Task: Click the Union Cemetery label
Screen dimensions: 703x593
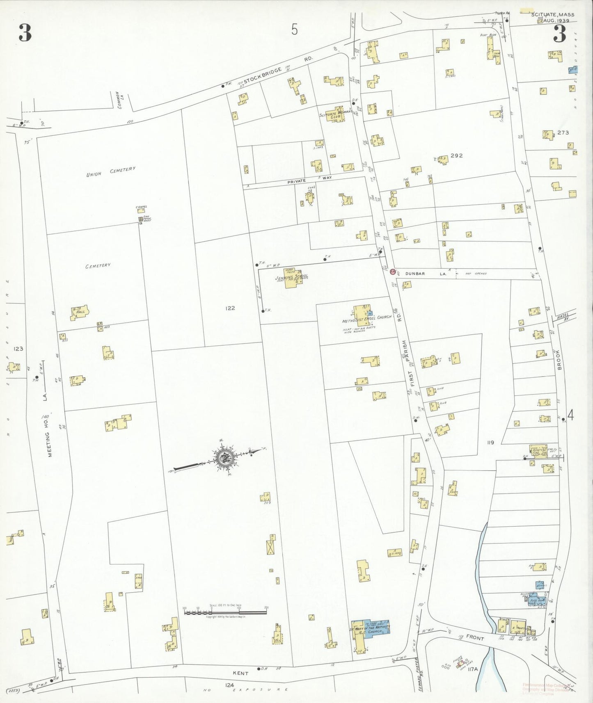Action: (x=110, y=172)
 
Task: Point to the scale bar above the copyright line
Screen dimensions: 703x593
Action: (x=225, y=612)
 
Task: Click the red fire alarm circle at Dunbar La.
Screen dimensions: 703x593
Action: (x=392, y=272)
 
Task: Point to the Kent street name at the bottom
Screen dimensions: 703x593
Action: (x=240, y=673)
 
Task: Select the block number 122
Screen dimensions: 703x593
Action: (x=230, y=308)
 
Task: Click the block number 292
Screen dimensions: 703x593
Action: (x=456, y=155)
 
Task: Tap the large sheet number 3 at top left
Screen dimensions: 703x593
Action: (x=25, y=33)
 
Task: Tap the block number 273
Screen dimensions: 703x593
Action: (x=563, y=132)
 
